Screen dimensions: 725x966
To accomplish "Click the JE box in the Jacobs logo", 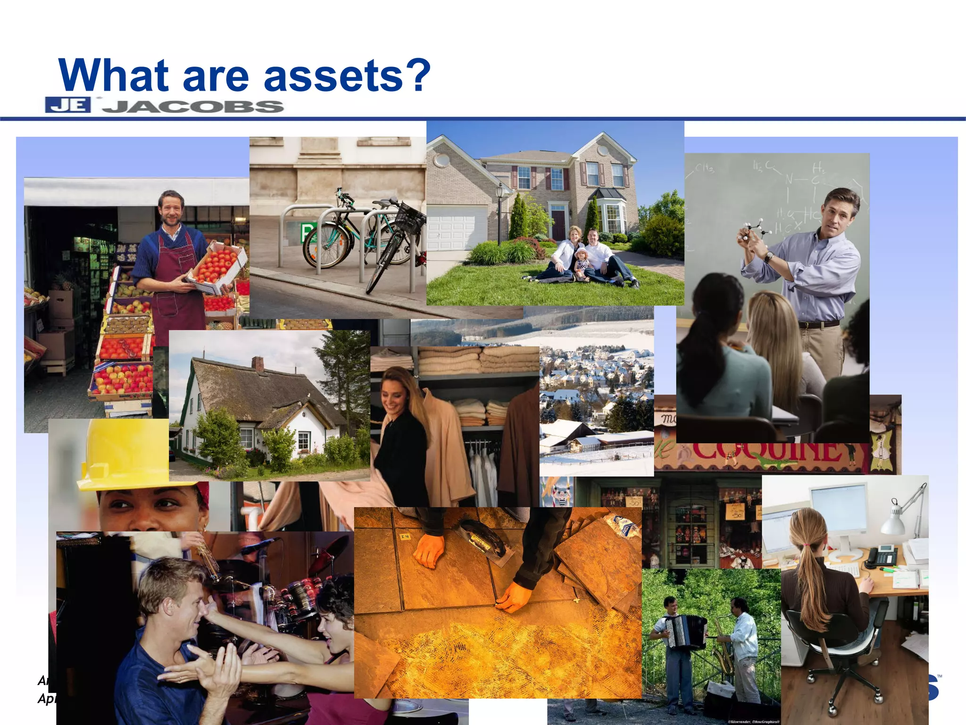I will [68, 105].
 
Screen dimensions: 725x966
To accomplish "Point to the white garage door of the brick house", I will [455, 228].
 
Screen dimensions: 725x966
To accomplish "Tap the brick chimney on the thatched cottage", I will [257, 363].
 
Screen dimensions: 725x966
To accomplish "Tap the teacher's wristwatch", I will [769, 257].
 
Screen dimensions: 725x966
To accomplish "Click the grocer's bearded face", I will [171, 210].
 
